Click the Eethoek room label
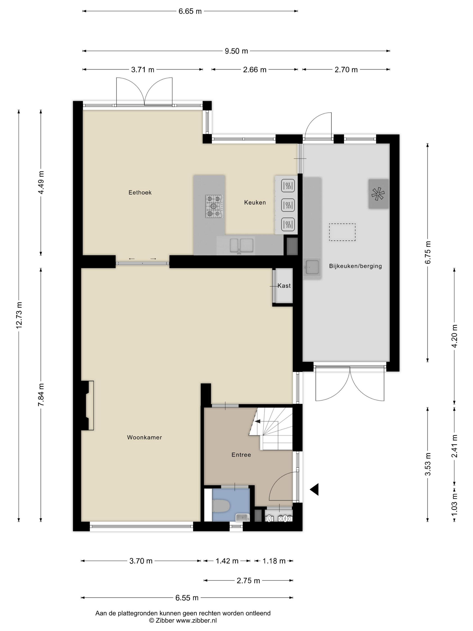click(140, 192)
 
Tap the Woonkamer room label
click(144, 437)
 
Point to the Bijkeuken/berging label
click(355, 266)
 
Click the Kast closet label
click(284, 286)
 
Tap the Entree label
click(241, 455)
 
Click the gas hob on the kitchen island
click(214, 206)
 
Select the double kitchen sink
click(241, 246)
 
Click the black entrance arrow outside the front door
click(314, 489)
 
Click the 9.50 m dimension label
click(236, 51)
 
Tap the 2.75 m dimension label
click(248, 580)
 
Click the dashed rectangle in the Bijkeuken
click(342, 232)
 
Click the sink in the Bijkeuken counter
click(312, 267)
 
